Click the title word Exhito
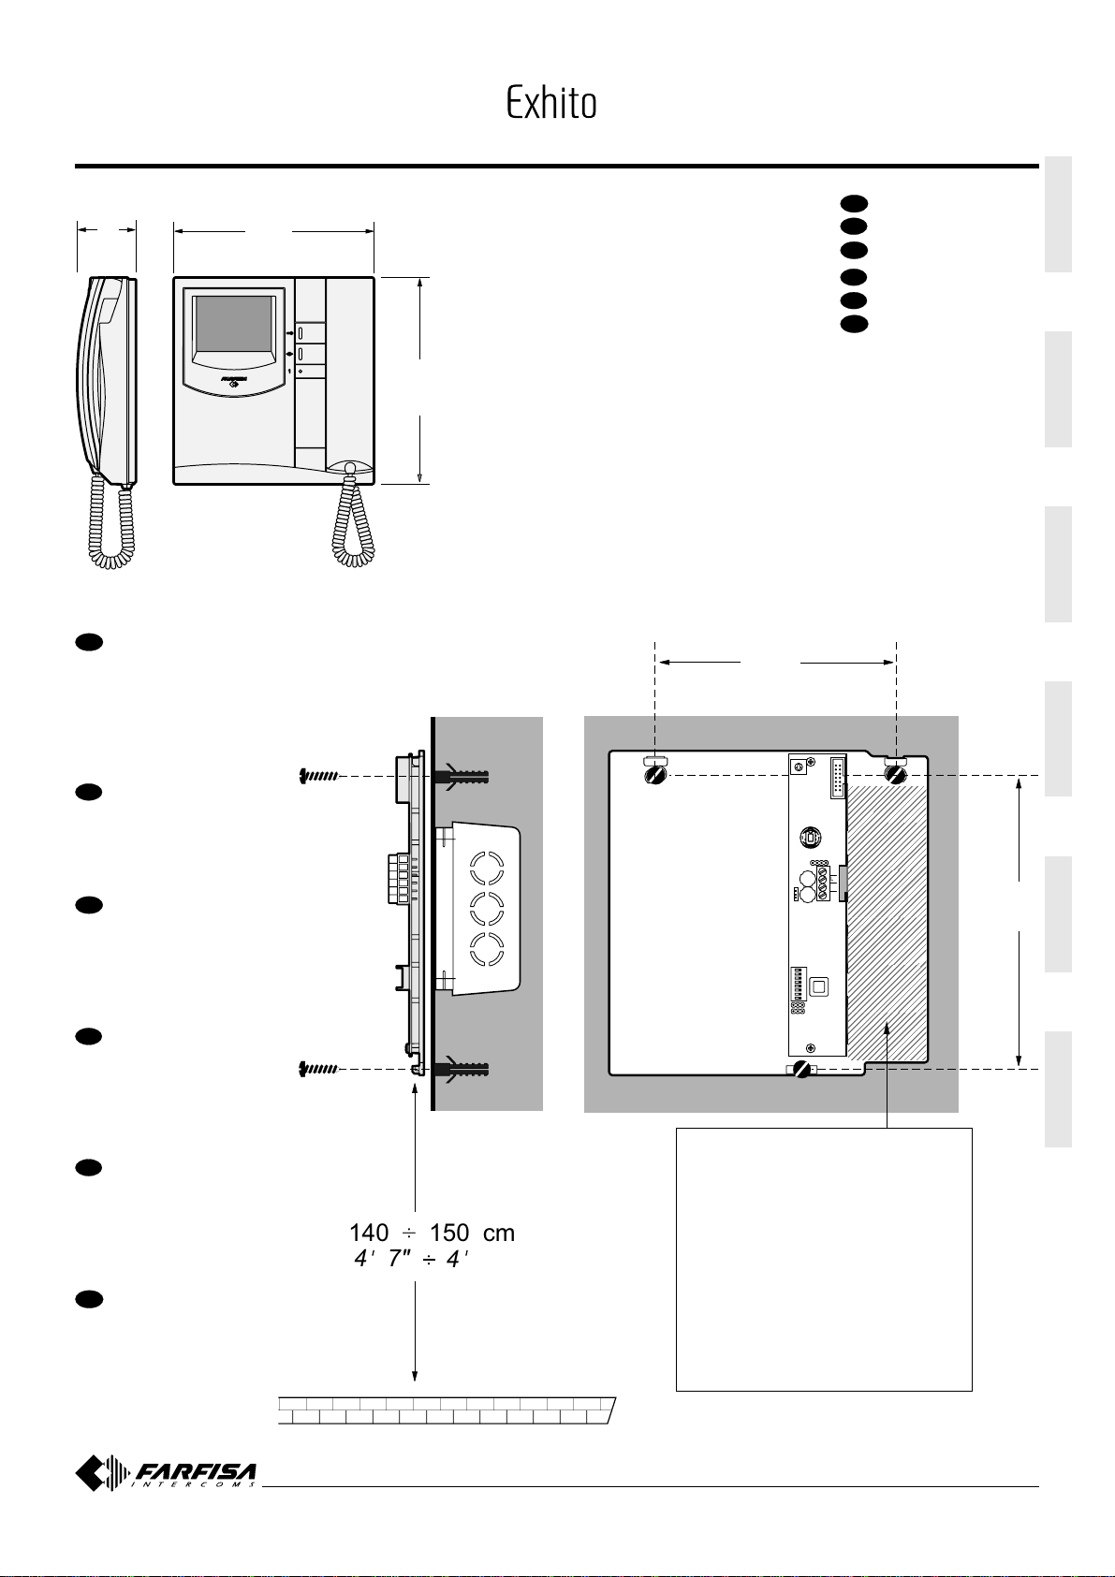[551, 104]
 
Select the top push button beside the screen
[301, 331]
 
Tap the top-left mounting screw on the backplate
[655, 775]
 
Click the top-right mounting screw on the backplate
[895, 775]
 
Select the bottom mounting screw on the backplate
[802, 1070]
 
